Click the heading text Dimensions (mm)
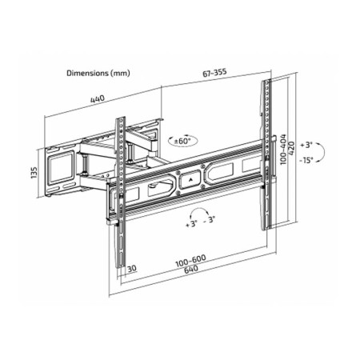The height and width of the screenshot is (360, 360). (x=98, y=73)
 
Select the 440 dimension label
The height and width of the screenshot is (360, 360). (x=98, y=99)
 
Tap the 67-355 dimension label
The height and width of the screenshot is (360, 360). (x=214, y=72)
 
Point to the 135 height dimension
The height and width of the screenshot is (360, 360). (x=34, y=173)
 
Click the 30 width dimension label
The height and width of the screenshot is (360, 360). (x=132, y=269)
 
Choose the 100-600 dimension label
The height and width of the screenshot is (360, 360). (x=190, y=261)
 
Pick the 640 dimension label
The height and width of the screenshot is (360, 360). (x=191, y=269)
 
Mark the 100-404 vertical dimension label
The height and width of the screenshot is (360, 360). (x=283, y=149)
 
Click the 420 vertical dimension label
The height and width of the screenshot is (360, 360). (x=291, y=149)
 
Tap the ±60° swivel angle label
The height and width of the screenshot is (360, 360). (x=182, y=141)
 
